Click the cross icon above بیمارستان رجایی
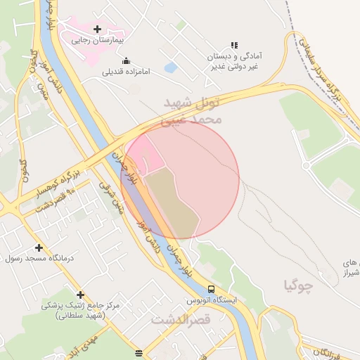pyautogui.click(x=97, y=29)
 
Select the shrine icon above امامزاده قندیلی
pyautogui.click(x=126, y=60)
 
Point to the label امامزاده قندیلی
pyautogui.click(x=127, y=72)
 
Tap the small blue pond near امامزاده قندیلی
pyautogui.click(x=170, y=68)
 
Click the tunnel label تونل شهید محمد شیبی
pyautogui.click(x=192, y=111)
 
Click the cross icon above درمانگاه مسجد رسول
pyautogui.click(x=38, y=247)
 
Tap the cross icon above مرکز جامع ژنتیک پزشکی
pyautogui.click(x=80, y=295)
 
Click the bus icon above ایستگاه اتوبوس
pyautogui.click(x=211, y=289)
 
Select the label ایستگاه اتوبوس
pyautogui.click(x=212, y=300)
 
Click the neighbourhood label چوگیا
pyautogui.click(x=297, y=285)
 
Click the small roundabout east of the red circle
pyautogui.click(x=306, y=165)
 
